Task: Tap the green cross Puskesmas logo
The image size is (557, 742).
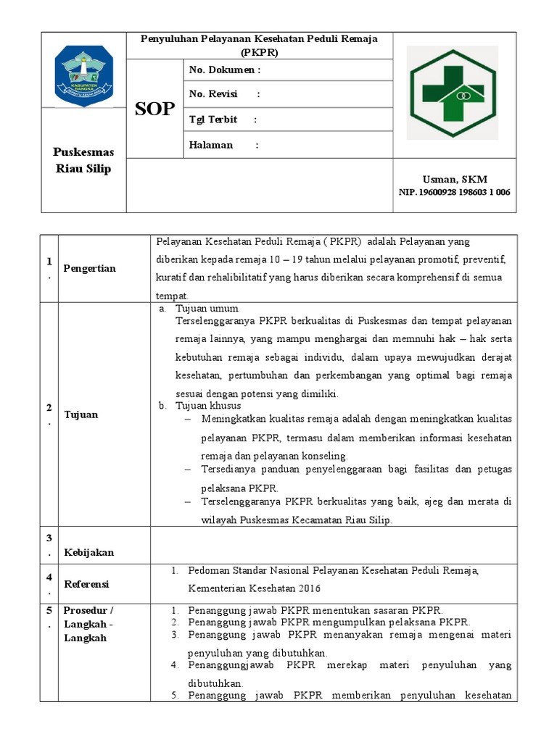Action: pos(452,92)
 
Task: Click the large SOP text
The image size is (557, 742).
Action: pos(155,109)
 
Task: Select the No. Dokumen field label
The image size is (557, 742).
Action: pos(224,70)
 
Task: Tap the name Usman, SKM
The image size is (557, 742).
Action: pos(455,180)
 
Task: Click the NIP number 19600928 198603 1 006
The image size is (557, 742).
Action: pos(455,192)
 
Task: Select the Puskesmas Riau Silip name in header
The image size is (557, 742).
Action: pos(83,161)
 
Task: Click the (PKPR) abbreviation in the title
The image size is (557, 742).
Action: pos(260,52)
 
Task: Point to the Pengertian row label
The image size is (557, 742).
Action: pos(89,268)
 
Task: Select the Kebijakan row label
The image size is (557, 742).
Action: pos(89,552)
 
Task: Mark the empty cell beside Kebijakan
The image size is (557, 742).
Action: pos(334,545)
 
